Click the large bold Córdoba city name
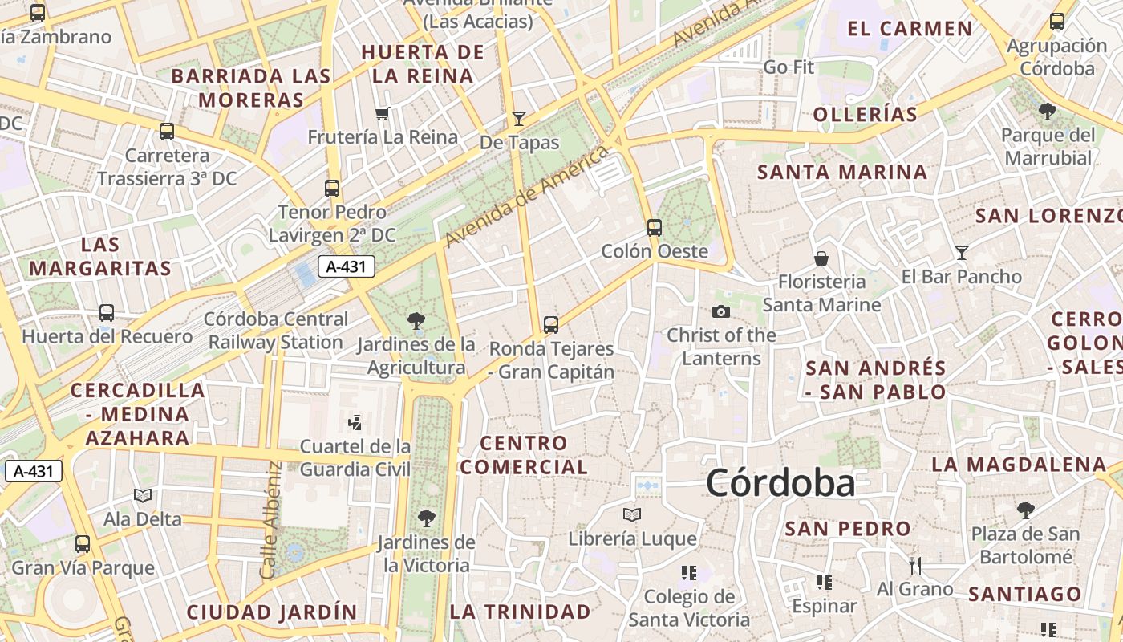click(780, 484)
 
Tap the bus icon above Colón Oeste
click(655, 227)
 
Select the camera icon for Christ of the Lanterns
click(721, 311)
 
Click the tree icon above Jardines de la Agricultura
click(416, 321)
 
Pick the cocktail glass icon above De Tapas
click(519, 119)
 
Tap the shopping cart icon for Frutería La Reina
click(383, 113)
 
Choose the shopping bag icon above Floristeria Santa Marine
click(821, 258)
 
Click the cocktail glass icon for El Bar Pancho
click(961, 253)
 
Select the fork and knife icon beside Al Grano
click(914, 566)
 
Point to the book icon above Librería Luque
click(632, 514)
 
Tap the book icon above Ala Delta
click(143, 496)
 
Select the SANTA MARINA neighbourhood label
click(842, 172)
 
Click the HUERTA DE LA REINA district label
click(423, 64)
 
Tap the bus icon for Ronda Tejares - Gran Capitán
click(550, 324)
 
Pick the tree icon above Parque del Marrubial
click(1047, 111)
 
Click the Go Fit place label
click(789, 67)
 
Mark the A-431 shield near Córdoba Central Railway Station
click(347, 267)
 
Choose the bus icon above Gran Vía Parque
click(82, 544)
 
